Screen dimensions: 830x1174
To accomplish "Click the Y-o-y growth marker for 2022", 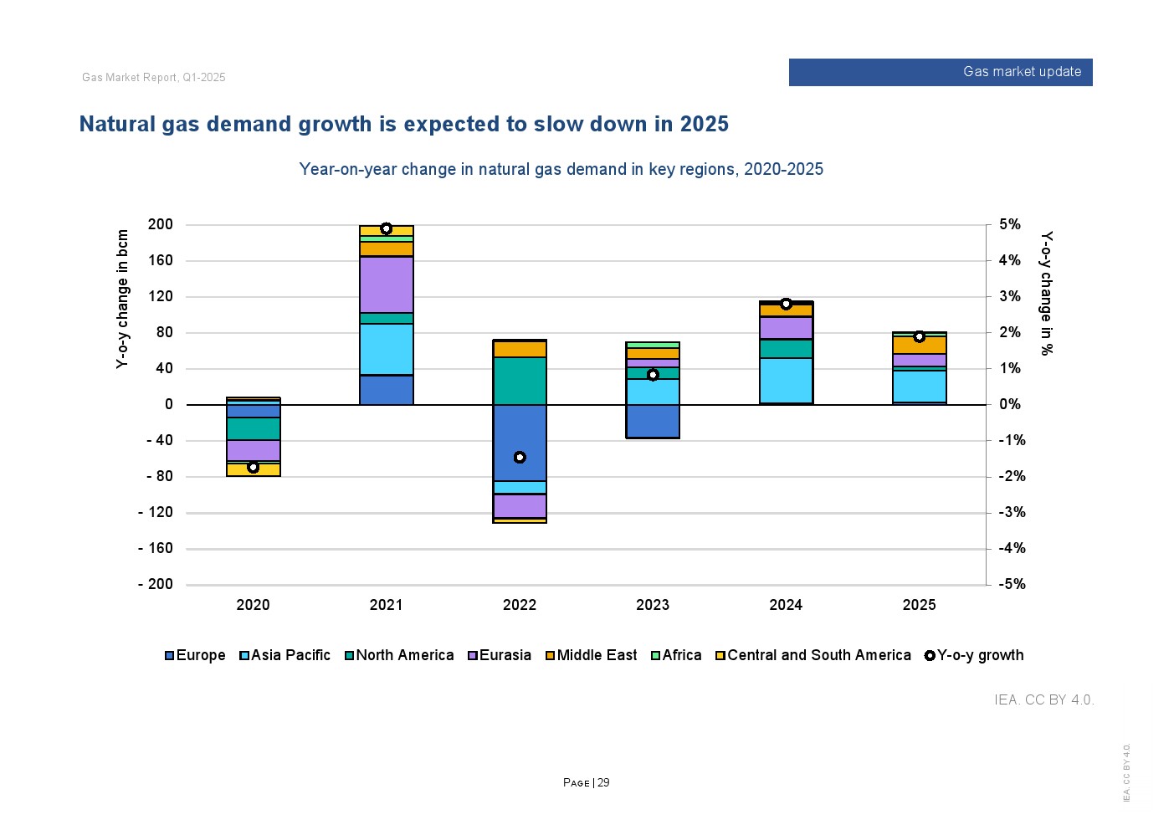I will click(520, 458).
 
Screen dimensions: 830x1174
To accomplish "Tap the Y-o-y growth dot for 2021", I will click(386, 228).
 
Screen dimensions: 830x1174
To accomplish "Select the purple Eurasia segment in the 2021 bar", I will click(387, 284).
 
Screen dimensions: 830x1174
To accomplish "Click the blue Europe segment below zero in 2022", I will click(520, 442).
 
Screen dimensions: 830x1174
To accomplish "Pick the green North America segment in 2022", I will click(520, 381).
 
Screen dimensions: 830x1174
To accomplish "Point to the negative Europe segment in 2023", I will click(653, 421).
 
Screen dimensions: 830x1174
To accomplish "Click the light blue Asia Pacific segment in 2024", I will click(786, 381).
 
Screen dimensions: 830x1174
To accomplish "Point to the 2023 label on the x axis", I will click(653, 605).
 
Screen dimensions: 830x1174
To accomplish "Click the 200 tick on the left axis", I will click(161, 224).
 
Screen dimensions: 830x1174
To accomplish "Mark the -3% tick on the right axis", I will click(1012, 512).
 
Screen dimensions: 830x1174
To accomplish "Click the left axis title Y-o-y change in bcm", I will click(123, 299).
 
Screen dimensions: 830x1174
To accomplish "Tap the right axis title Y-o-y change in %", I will click(1046, 293).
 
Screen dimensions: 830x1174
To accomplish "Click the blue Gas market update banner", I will click(940, 72).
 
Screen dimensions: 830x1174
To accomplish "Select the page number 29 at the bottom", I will click(603, 783).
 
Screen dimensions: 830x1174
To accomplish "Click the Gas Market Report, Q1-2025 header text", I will click(154, 78).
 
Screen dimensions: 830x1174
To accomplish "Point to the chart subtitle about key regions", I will click(561, 169).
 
